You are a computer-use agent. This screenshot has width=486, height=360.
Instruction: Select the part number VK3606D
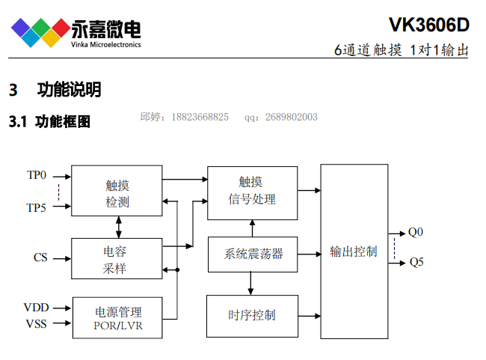click(x=429, y=25)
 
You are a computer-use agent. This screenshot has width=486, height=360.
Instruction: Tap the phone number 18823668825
click(x=200, y=117)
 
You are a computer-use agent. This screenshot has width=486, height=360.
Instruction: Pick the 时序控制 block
click(x=251, y=315)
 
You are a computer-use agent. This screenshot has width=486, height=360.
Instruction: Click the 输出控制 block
click(x=354, y=251)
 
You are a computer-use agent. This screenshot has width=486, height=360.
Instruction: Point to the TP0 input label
click(x=37, y=176)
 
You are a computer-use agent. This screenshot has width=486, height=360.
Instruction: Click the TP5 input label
click(x=37, y=207)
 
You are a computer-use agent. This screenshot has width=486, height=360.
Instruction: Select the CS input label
click(x=40, y=257)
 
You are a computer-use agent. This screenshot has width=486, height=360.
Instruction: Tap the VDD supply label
click(x=37, y=308)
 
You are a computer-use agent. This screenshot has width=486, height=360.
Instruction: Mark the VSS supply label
click(x=37, y=324)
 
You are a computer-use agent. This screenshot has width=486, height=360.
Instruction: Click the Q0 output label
click(x=416, y=232)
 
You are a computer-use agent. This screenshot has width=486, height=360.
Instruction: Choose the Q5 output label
click(x=416, y=263)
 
